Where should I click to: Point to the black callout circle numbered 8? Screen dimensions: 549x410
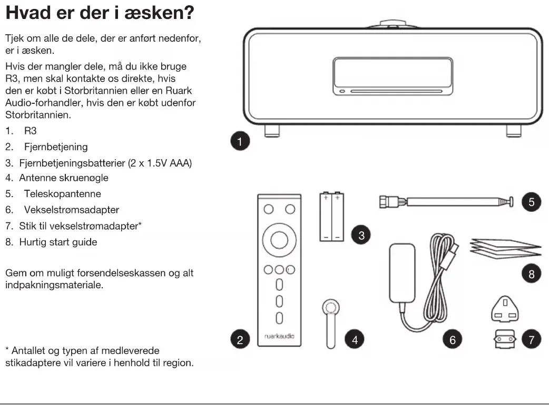[530, 274]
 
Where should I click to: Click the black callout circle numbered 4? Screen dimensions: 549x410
[354, 340]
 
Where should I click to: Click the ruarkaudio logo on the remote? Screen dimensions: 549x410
[279, 335]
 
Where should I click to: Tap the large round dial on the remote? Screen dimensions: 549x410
[279, 240]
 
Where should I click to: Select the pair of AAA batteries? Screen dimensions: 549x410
[332, 217]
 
